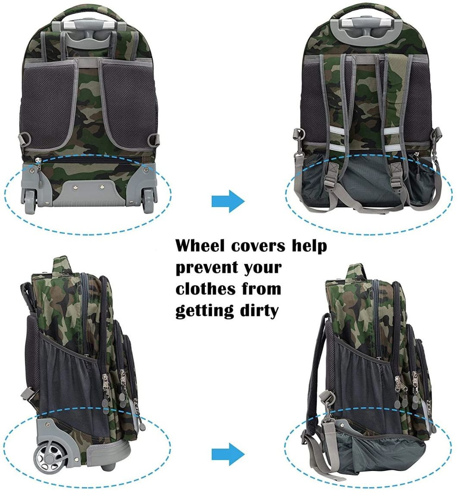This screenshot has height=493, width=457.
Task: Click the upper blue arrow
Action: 228,201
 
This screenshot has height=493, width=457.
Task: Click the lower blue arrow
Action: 228,454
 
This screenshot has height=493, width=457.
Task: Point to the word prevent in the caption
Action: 205,268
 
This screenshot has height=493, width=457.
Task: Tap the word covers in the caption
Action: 258,245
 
